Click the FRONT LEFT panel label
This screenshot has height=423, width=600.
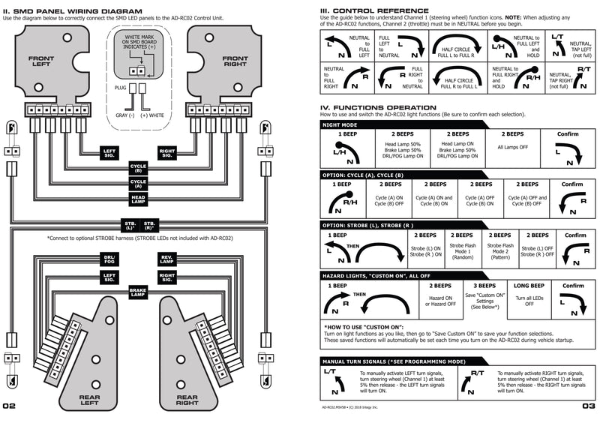pyautogui.click(x=41, y=62)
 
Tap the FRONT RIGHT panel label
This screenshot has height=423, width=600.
pyautogui.click(x=235, y=62)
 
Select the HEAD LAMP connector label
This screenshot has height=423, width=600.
pyautogui.click(x=138, y=198)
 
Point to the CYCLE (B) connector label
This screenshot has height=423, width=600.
pyautogui.click(x=138, y=168)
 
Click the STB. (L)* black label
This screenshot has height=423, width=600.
pyautogui.click(x=129, y=225)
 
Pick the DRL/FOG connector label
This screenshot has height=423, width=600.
pyautogui.click(x=109, y=259)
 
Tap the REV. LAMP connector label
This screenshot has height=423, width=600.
pyautogui.click(x=166, y=259)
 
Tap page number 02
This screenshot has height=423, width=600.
pyautogui.click(x=10, y=406)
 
